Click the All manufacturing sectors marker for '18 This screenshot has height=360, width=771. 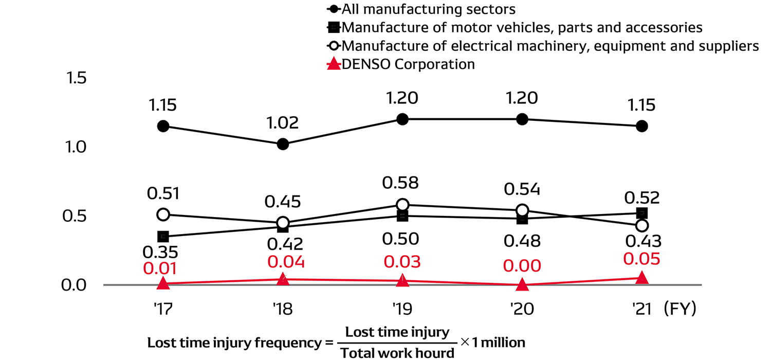[283, 144]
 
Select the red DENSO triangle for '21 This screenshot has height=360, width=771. [641, 278]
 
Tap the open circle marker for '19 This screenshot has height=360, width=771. [402, 205]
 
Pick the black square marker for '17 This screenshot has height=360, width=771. [163, 237]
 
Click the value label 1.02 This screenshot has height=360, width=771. [283, 123]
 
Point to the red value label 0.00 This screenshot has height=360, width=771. [522, 266]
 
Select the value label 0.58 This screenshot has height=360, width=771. [402, 183]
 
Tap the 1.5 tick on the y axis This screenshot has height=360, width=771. [75, 78]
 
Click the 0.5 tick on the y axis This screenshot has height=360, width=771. [75, 216]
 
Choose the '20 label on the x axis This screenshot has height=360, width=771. [522, 309]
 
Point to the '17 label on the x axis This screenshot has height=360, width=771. [163, 309]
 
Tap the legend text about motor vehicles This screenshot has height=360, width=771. [522, 27]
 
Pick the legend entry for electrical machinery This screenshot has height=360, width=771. [550, 46]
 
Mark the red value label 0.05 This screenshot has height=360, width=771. [641, 259]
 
